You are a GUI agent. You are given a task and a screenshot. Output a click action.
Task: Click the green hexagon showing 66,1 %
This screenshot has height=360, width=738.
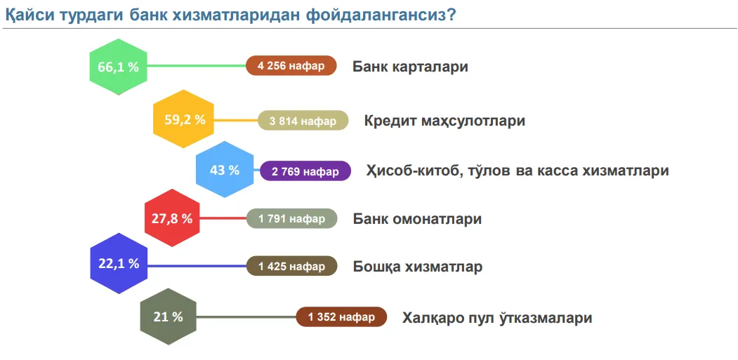pyautogui.click(x=118, y=67)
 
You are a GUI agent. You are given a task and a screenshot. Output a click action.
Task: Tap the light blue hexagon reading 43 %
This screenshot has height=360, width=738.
pyautogui.click(x=225, y=169)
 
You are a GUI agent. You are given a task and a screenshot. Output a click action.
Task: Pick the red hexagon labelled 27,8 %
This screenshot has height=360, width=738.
pyautogui.click(x=172, y=218)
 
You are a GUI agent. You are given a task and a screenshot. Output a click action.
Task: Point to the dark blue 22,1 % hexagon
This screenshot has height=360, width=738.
pyautogui.click(x=119, y=264)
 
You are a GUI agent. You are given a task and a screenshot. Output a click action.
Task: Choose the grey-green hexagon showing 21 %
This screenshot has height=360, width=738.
pyautogui.click(x=168, y=316)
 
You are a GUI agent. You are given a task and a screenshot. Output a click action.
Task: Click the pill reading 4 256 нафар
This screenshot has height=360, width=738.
pyautogui.click(x=291, y=65)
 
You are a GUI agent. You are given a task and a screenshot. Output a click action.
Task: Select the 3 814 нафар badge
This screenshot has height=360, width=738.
pyautogui.click(x=303, y=121)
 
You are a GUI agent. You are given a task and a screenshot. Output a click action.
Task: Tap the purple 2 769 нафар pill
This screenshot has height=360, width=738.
pyautogui.click(x=305, y=171)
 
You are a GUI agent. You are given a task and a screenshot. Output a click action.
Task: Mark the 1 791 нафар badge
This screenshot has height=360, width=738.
pyautogui.click(x=292, y=218)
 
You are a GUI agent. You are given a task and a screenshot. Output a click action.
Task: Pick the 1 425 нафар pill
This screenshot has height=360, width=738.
pyautogui.click(x=292, y=266)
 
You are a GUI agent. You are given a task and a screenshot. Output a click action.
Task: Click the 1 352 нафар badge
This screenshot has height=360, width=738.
pyautogui.click(x=341, y=316)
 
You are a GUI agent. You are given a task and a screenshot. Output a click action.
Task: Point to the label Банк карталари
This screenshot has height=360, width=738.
pyautogui.click(x=410, y=67)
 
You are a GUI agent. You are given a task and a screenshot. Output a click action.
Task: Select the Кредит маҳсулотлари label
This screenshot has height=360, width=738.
pyautogui.click(x=444, y=121)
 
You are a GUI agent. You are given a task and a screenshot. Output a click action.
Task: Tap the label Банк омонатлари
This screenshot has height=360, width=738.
pyautogui.click(x=418, y=219)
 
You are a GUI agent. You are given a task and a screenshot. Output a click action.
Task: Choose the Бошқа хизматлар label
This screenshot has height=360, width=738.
pyautogui.click(x=418, y=267)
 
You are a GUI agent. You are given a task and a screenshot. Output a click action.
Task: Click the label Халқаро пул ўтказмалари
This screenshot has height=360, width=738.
pyautogui.click(x=497, y=318)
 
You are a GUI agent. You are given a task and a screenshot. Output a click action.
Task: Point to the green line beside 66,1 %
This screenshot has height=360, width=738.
pyautogui.click(x=197, y=66)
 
